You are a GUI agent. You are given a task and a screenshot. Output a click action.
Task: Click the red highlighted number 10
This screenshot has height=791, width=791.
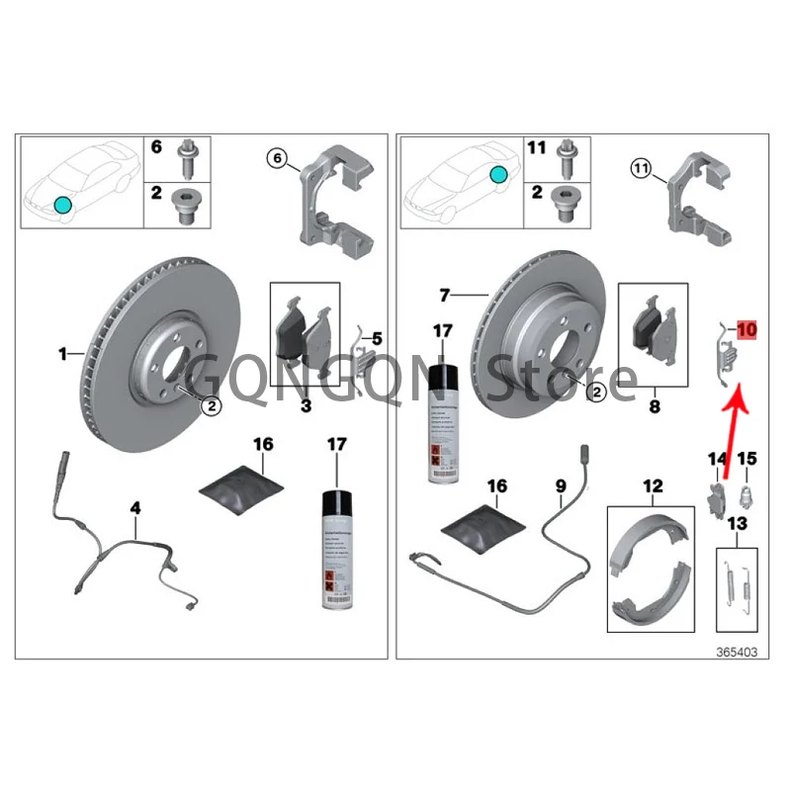[x=745, y=328]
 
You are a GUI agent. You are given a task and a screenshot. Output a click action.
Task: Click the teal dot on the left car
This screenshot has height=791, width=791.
[x=62, y=205]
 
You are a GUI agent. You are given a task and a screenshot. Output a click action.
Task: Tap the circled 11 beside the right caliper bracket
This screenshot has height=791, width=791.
[x=643, y=170]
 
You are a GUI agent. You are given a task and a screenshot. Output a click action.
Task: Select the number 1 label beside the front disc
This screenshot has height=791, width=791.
[x=62, y=353]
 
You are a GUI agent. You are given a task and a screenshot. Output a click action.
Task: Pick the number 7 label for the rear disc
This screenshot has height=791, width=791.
[x=444, y=295]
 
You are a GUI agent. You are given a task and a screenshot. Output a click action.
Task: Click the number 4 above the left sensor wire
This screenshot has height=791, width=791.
[x=135, y=509]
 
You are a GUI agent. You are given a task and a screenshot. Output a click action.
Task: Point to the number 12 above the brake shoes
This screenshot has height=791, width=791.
[x=652, y=486]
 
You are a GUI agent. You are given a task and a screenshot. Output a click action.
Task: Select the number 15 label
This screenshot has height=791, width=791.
[x=747, y=459]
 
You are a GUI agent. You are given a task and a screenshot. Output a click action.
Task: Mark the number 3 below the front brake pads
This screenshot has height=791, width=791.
[x=306, y=406]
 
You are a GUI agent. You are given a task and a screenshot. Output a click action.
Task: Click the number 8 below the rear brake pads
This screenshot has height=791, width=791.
[x=655, y=404]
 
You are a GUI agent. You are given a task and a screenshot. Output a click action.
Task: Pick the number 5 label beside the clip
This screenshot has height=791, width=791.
[x=376, y=338]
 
